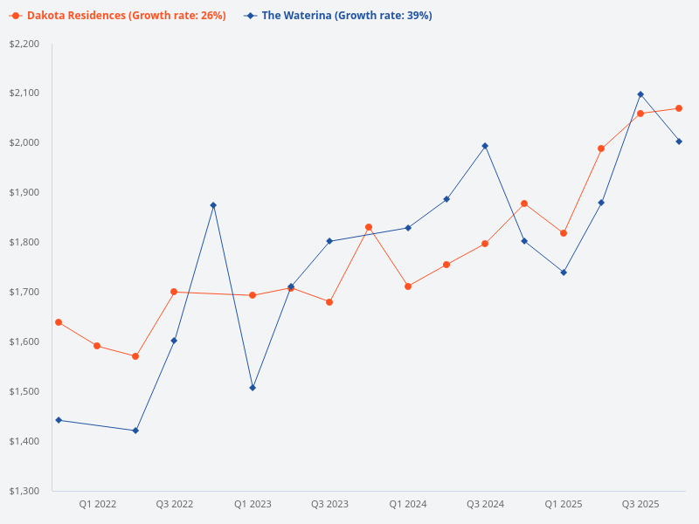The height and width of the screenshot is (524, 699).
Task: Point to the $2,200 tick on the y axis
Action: tap(24, 44)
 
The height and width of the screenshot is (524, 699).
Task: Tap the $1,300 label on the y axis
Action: tap(24, 491)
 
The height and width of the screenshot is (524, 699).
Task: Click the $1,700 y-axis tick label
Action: tap(24, 292)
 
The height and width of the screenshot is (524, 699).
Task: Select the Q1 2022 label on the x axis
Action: tap(97, 504)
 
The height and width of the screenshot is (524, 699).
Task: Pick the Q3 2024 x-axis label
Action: tap(485, 504)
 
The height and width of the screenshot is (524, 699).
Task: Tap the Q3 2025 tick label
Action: tap(640, 504)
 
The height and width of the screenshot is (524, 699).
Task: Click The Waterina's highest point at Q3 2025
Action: tap(640, 94)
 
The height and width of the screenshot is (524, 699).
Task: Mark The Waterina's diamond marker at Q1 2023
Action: tap(253, 388)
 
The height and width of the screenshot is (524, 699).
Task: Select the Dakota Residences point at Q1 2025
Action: tap(564, 233)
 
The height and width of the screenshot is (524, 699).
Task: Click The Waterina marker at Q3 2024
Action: tap(485, 146)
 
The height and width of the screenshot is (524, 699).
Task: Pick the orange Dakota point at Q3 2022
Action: tap(174, 292)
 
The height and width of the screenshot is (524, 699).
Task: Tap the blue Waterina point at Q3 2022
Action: tap(174, 341)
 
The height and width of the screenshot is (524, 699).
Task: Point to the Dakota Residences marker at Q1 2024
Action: tap(408, 286)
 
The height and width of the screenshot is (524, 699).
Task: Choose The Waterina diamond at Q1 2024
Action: tap(408, 228)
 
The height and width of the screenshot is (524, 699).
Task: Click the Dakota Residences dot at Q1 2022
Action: tap(97, 346)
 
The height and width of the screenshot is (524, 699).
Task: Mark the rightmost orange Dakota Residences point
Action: tap(679, 108)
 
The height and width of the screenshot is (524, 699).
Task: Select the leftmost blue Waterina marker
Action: tap(59, 420)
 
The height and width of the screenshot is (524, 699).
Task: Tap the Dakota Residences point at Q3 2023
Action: tap(329, 302)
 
